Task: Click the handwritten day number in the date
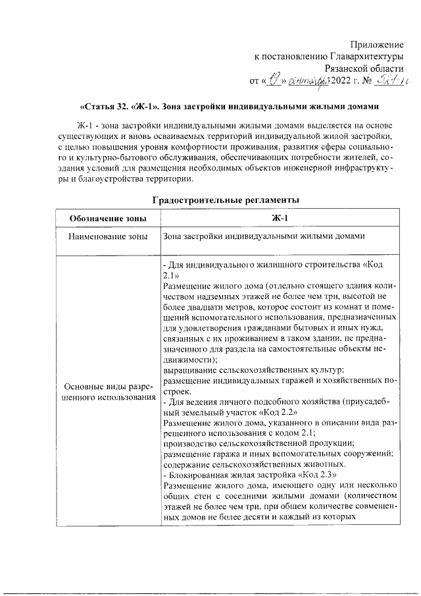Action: [270, 80]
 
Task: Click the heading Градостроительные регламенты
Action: [227, 200]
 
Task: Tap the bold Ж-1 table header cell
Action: [280, 219]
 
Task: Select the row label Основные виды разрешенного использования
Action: [107, 393]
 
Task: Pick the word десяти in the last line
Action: [269, 516]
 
